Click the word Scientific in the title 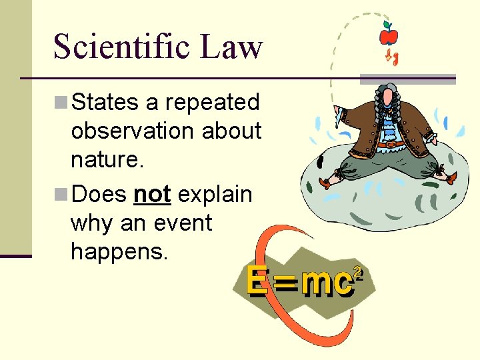[x=121, y=47]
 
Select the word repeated [x=212, y=103]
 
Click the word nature [x=103, y=160]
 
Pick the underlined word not [x=152, y=195]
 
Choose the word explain [x=215, y=195]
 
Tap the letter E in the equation [x=257, y=281]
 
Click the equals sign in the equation [x=285, y=285]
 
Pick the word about [x=233, y=131]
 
